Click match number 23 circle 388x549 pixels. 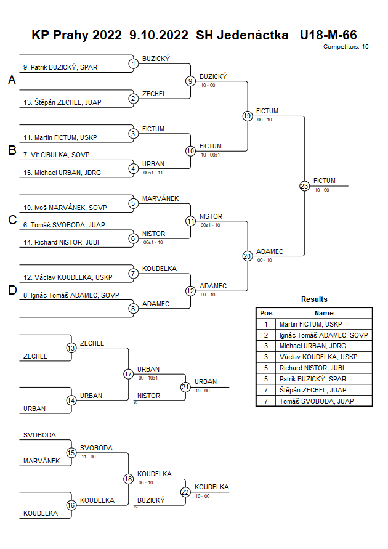point(304,185)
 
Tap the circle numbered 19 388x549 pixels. point(247,116)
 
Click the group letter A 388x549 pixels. point(12,81)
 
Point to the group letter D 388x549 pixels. point(12,290)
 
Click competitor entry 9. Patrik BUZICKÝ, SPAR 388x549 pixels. point(60,67)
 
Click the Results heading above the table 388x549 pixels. point(314,299)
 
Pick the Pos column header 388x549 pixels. point(266,313)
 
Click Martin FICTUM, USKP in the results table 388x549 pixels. point(310,323)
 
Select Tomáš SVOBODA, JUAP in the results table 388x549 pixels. point(312,401)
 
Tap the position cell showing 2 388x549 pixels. point(266,335)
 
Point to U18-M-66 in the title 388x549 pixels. point(328,35)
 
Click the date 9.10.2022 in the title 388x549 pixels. point(159,35)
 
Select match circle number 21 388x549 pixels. point(185,387)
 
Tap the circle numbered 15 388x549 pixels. point(71,452)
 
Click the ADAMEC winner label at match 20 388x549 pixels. point(269,251)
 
